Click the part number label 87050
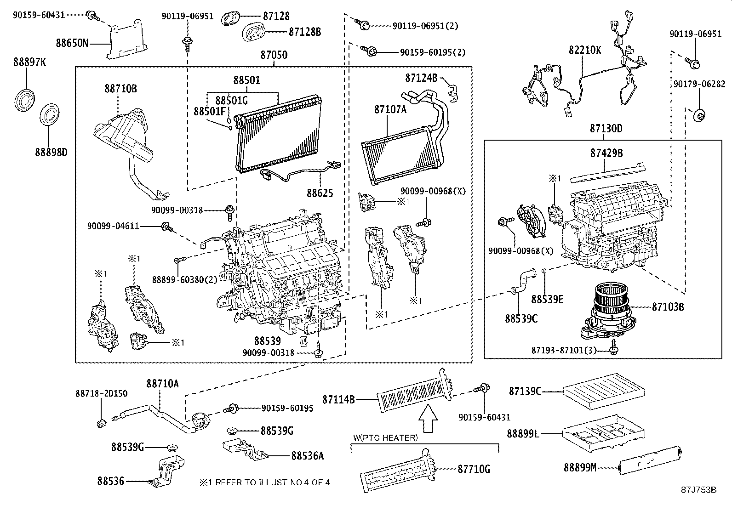coord(274,55)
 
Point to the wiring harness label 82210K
coord(584,50)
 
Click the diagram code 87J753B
coord(698,489)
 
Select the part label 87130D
coord(606,129)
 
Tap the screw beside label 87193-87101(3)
coord(613,350)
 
